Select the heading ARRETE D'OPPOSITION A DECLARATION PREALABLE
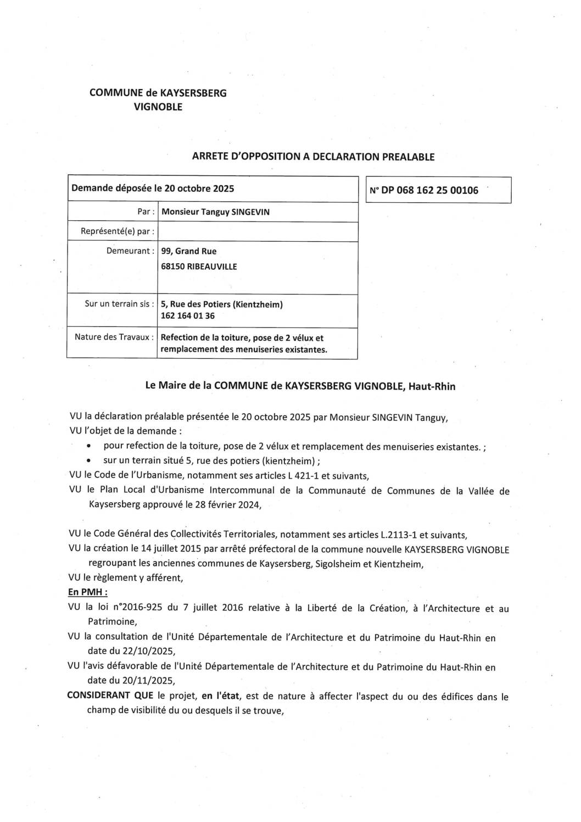pyautogui.click(x=313, y=157)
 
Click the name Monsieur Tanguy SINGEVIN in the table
pyautogui.click(x=215, y=212)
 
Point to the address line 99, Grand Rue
pyautogui.click(x=189, y=251)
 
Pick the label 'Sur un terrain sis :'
pyautogui.click(x=119, y=303)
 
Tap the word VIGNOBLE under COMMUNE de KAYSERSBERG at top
pyautogui.click(x=158, y=107)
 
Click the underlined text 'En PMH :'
pyautogui.click(x=87, y=592)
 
